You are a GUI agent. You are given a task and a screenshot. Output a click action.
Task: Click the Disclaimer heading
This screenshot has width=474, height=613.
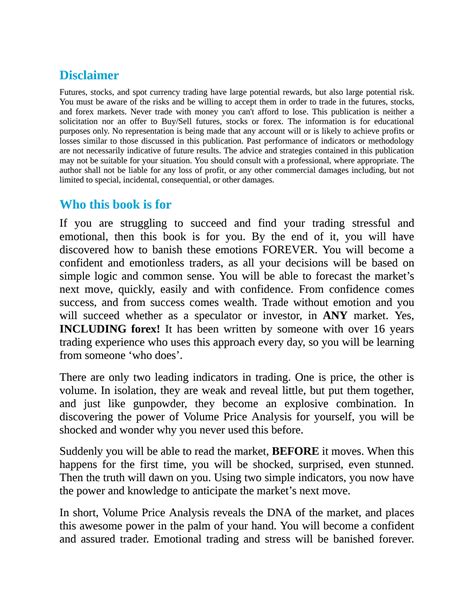pyautogui.click(x=89, y=75)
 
